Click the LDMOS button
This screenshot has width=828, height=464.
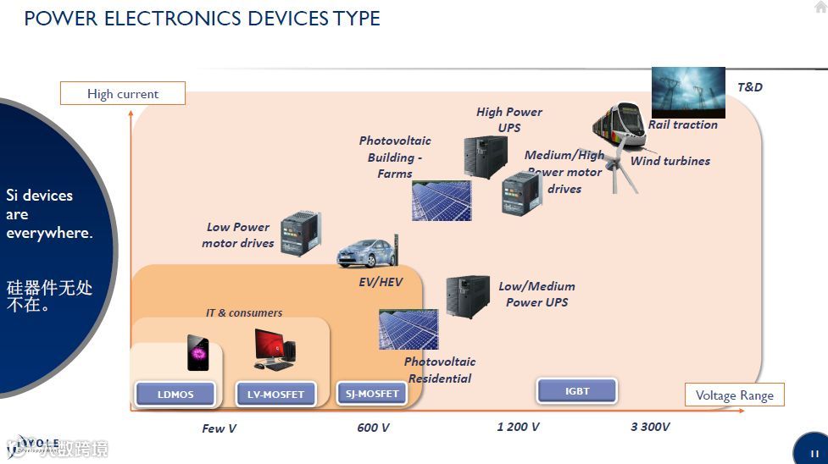click(x=175, y=394)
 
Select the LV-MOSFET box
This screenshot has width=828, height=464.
click(x=275, y=394)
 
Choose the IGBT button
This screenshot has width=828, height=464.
click(x=577, y=391)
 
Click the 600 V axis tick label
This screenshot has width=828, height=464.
click(x=373, y=428)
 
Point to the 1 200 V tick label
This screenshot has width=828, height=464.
click(x=518, y=427)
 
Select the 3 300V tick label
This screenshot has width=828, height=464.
click(x=650, y=427)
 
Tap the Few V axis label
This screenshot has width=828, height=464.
click(x=219, y=428)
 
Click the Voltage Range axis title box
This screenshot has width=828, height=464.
click(x=734, y=395)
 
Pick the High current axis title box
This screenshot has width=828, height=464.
click(x=123, y=94)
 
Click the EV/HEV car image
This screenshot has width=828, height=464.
click(x=364, y=252)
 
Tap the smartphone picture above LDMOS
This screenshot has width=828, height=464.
click(x=197, y=352)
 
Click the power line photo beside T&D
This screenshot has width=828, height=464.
click(x=688, y=92)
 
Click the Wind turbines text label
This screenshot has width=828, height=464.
click(x=670, y=161)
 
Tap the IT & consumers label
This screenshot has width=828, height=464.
click(x=244, y=313)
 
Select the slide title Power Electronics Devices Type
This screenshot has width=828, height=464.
click(x=202, y=18)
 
